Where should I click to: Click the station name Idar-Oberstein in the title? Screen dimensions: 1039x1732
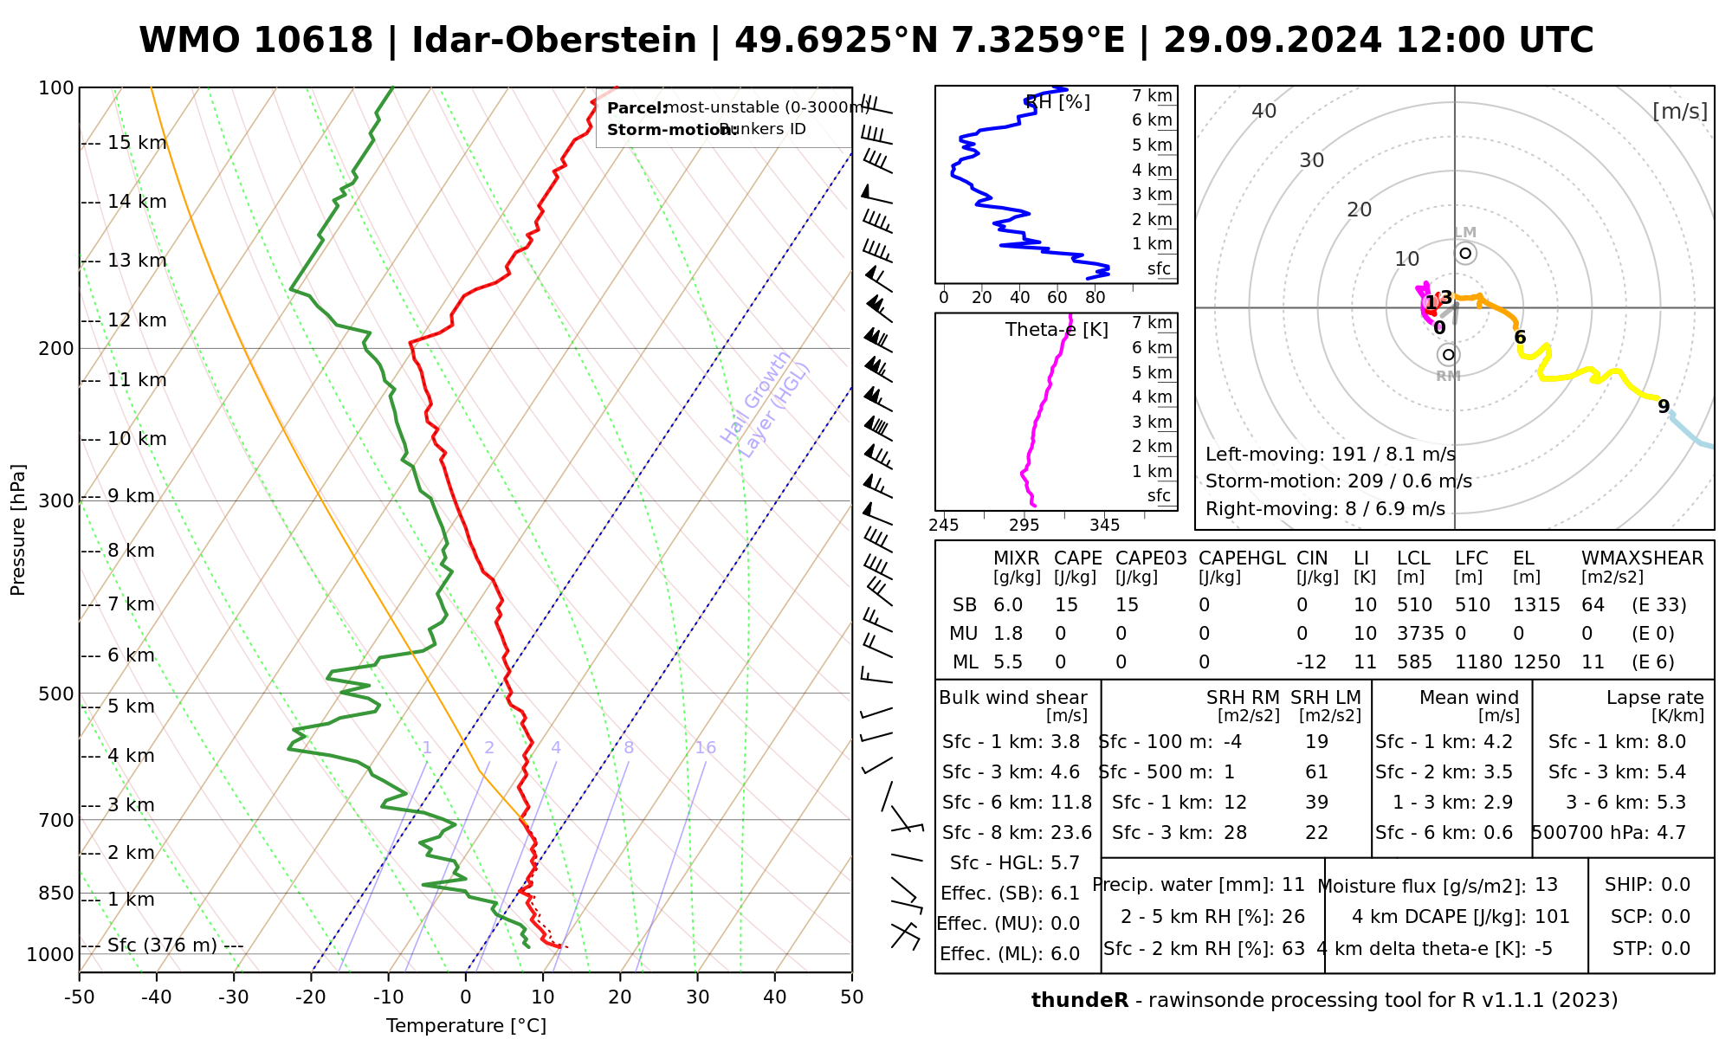554,41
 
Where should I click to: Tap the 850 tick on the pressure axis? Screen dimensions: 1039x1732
57,893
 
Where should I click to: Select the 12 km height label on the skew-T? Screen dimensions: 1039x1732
136,320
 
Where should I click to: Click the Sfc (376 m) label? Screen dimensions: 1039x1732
162,945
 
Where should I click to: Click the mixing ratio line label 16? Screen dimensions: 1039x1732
705,748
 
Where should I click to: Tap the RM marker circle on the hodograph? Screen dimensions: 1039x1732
1448,354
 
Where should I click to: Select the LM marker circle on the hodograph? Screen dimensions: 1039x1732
1465,254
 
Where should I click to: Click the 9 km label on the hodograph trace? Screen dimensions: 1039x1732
1664,407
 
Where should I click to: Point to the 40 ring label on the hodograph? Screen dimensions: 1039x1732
1264,111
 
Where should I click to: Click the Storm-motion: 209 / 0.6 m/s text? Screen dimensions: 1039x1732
1338,481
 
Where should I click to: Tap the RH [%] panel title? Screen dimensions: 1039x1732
1057,102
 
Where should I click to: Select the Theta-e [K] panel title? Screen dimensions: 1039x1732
1057,330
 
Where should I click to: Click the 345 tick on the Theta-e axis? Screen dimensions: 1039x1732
1104,526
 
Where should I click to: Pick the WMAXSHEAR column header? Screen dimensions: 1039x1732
1642,558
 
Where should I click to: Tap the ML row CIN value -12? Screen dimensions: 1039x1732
1311,662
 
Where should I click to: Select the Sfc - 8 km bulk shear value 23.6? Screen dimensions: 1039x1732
1071,833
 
